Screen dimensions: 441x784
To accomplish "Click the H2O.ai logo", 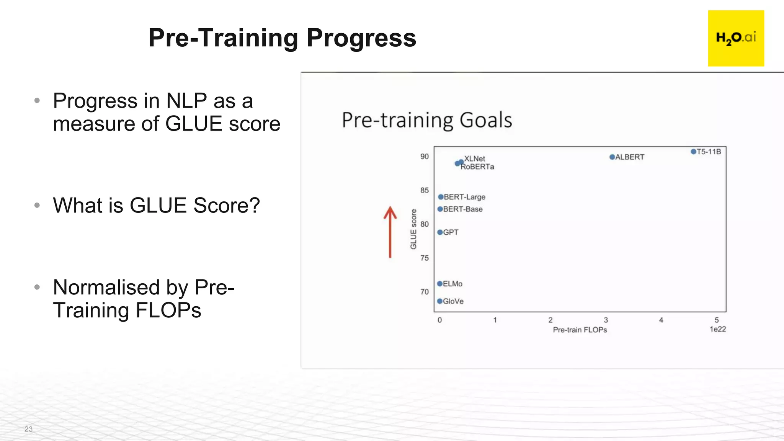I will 736,38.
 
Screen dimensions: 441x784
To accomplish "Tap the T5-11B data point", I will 693,152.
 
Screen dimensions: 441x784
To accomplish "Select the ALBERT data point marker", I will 612,157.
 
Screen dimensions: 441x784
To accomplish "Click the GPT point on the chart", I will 440,232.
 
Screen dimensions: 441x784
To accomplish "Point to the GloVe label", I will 453,301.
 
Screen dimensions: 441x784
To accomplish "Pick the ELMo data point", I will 440,284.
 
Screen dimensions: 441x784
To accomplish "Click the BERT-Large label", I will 465,197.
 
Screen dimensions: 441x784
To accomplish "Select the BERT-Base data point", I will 440,209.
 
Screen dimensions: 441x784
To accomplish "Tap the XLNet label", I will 475,158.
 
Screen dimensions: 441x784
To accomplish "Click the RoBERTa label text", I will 477,167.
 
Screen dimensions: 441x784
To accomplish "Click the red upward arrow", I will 390,232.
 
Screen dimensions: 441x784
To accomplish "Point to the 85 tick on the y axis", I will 425,190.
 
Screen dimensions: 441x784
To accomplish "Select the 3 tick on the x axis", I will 606,320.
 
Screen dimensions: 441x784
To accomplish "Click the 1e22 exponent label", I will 718,329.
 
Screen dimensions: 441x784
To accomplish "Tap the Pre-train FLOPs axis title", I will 580,330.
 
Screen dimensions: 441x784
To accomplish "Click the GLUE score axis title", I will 413,229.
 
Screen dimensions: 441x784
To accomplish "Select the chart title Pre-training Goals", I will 427,120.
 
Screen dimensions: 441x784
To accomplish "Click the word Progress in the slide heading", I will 361,38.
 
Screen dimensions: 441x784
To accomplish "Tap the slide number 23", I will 28,429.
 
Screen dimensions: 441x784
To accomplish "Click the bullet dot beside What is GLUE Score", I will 37,206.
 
